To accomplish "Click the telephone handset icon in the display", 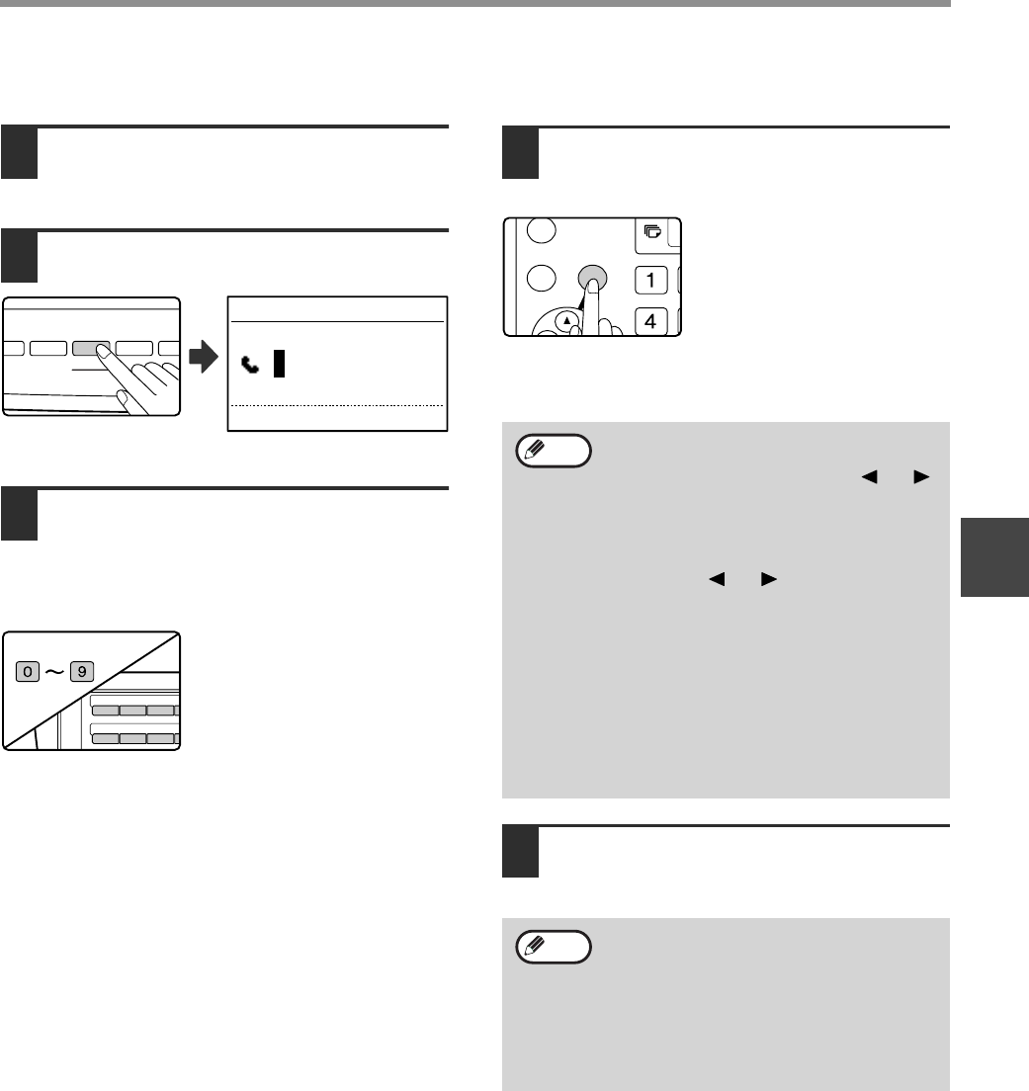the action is (250, 365).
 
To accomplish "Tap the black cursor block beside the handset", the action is (279, 364).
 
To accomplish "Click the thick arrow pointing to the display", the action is (204, 357).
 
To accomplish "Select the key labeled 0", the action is (28, 671).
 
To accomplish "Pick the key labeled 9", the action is (82, 671).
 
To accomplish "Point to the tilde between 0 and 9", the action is (54, 672).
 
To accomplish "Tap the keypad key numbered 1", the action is (651, 281).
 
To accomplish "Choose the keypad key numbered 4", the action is (651, 321).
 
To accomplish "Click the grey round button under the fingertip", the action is (593, 279).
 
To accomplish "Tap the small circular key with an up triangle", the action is (567, 321).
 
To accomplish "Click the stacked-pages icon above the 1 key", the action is (652, 231).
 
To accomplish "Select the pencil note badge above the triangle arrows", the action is (554, 451).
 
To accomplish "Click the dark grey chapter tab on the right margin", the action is (995, 557).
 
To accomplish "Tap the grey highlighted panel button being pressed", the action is (91, 348).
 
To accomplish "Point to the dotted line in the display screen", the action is (337, 405).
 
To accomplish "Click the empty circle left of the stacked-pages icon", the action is (542, 230).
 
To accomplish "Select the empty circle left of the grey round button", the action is (542, 279).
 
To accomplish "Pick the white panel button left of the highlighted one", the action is (48, 348).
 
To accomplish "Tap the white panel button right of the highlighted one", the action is (134, 348).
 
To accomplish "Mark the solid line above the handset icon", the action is (337, 321).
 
